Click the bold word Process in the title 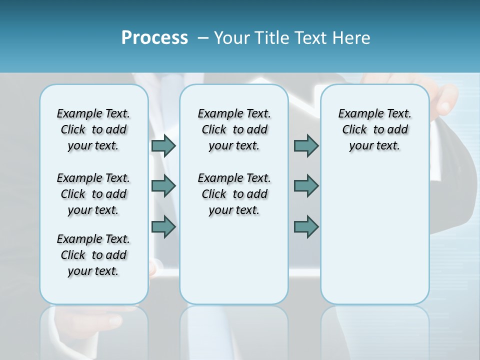(154, 37)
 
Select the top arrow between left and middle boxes (163, 145)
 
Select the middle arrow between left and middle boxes (163, 186)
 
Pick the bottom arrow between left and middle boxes (163, 226)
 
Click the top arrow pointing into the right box (306, 145)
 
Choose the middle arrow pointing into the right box (306, 186)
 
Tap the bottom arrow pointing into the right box (306, 226)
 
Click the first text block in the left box (93, 129)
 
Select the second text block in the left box (93, 194)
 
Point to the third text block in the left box (93, 255)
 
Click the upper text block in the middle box (234, 129)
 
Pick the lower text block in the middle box (234, 194)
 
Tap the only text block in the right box (374, 129)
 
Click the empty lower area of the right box (374, 240)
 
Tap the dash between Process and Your (202, 38)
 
